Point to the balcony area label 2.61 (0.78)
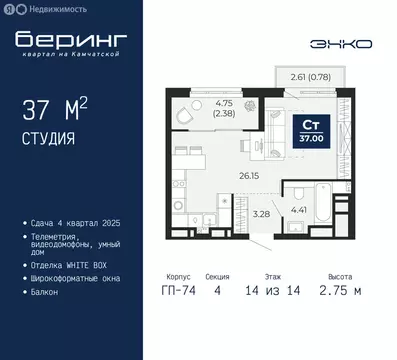click(x=305, y=76)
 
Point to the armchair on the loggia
click(x=184, y=117)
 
